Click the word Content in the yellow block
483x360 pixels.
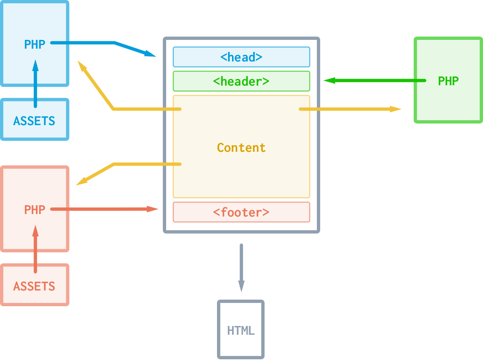(241, 147)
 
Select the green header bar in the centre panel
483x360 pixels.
(244, 81)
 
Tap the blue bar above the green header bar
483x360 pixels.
(244, 57)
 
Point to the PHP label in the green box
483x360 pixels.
(447, 81)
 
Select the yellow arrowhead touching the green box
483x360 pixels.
(394, 109)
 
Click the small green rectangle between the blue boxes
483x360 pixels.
(16, 92)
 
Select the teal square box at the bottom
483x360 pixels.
(241, 329)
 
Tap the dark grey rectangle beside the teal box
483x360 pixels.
(373, 329)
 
